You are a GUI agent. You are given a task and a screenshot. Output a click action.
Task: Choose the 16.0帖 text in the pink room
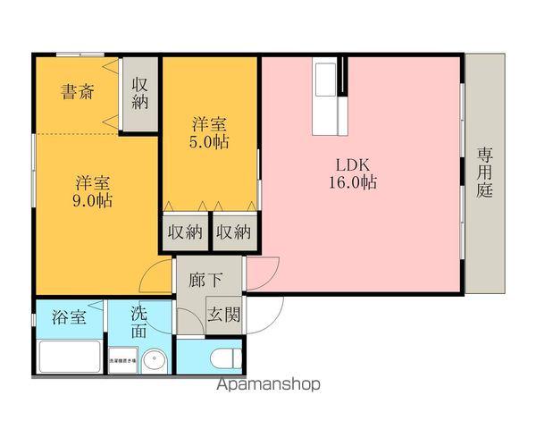click(x=352, y=182)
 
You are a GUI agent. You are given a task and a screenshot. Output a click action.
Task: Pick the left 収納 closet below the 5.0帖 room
click(x=184, y=231)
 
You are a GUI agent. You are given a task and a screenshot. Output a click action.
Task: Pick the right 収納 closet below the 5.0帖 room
click(x=233, y=231)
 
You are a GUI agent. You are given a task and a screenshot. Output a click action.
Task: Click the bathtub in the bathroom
click(x=70, y=357)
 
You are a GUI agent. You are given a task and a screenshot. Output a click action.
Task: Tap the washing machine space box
click(x=122, y=360)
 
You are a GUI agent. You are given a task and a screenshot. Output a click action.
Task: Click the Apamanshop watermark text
click(x=268, y=385)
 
